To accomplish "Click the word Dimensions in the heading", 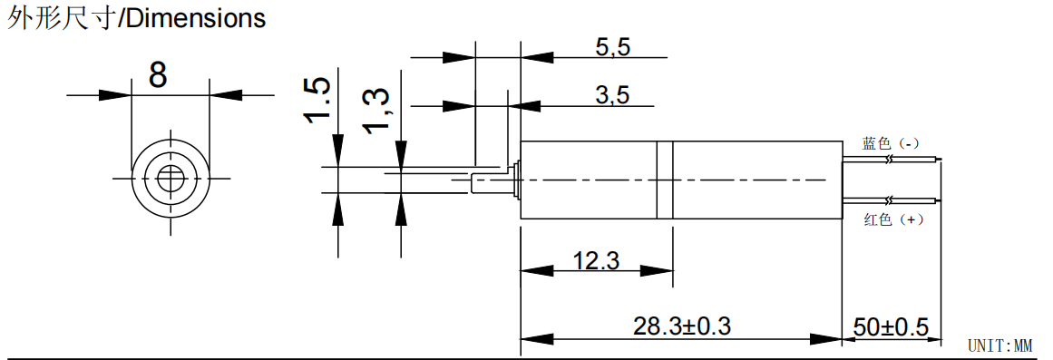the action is pos(195,18).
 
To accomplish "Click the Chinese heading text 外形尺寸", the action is pos(61,18).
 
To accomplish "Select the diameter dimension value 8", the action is pos(158,74).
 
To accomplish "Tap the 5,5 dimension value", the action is pos(613,47).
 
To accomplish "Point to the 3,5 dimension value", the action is pos(613,96).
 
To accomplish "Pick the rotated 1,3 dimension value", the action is pos(375,110).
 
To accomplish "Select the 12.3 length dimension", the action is pos(597,260).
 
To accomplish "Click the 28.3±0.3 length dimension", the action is pos(682,326).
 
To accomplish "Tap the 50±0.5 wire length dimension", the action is pos(892,327).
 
